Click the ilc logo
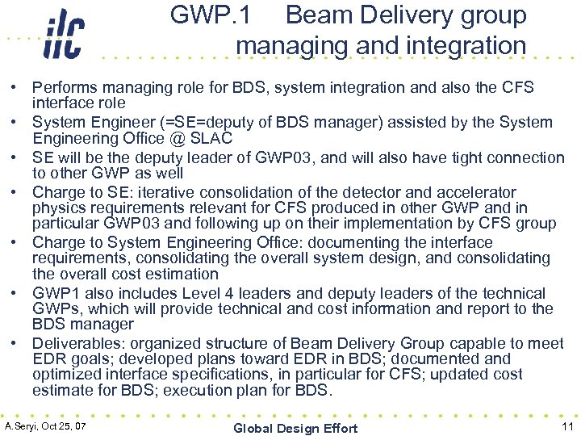point(63,35)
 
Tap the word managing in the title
point(288,46)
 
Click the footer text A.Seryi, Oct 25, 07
point(46,426)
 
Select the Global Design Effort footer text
point(295,428)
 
